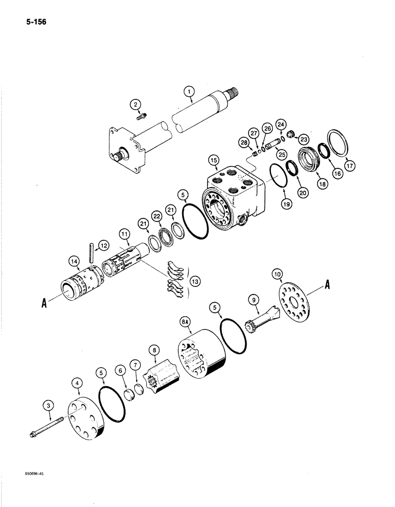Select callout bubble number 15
click(x=213, y=161)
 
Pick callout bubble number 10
click(x=276, y=274)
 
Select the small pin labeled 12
click(x=92, y=252)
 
